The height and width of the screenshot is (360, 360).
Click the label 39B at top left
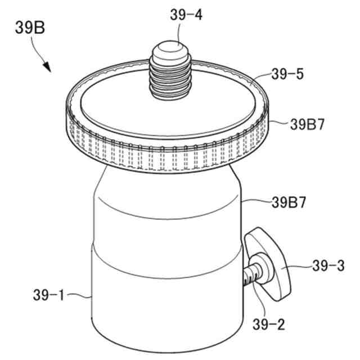click(30, 28)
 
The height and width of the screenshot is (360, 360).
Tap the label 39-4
click(186, 15)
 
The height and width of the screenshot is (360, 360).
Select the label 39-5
click(287, 74)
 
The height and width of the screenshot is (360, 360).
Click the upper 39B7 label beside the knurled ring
click(307, 124)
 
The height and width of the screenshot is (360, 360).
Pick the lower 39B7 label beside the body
click(289, 202)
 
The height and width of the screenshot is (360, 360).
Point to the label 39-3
click(328, 266)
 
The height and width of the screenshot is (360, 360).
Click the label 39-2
click(269, 325)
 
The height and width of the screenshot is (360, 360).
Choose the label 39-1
click(49, 295)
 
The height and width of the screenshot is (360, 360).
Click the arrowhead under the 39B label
click(47, 66)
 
